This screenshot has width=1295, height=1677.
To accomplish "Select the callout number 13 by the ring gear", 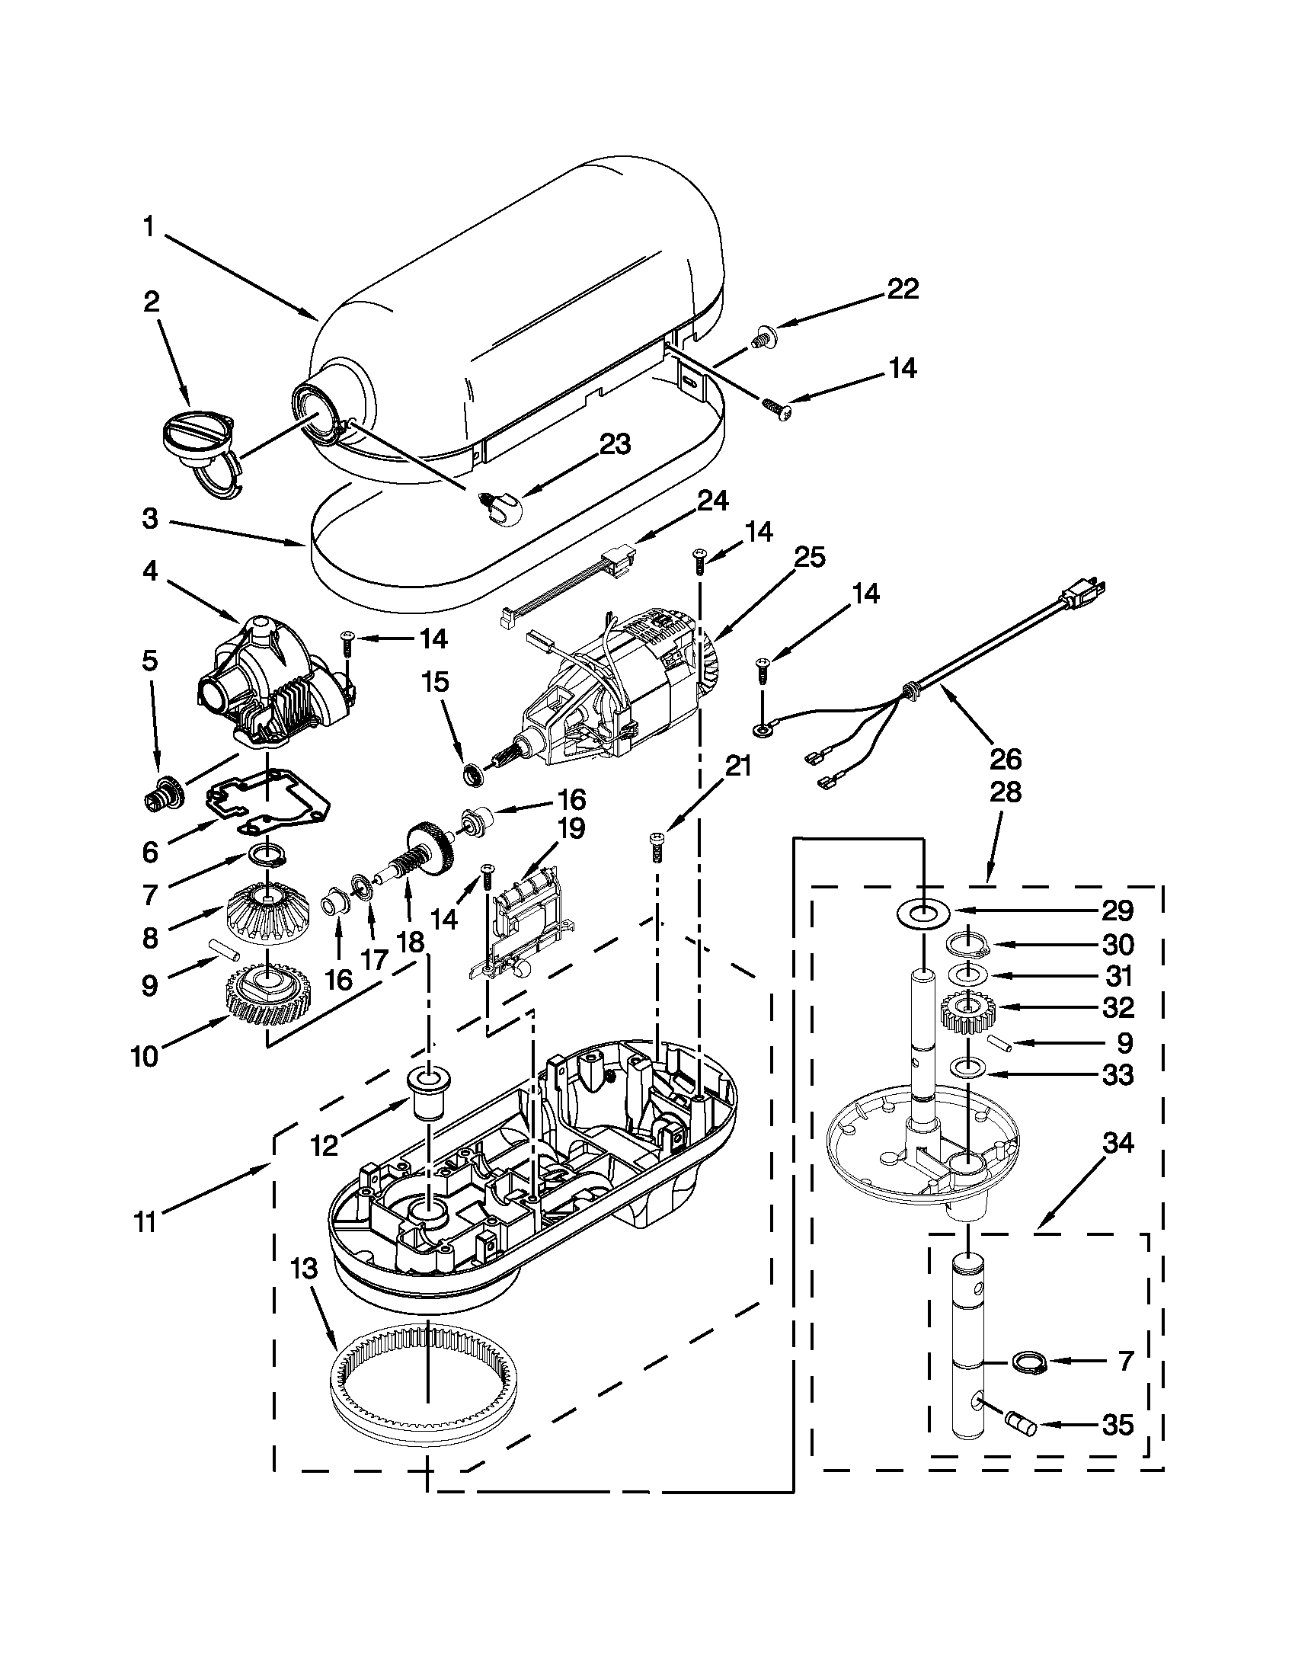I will [304, 1269].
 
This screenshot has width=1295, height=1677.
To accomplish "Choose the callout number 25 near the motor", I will [808, 558].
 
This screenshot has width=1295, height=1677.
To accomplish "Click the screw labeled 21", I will [657, 847].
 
